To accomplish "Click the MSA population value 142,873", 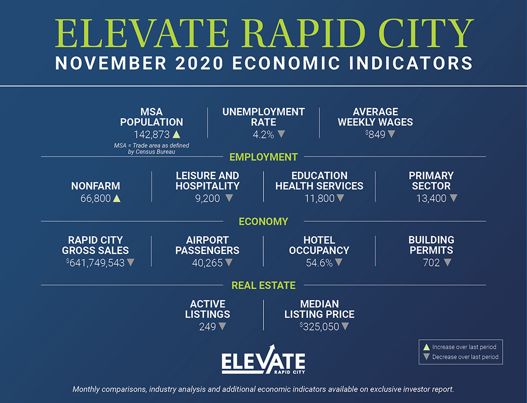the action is tap(152, 135).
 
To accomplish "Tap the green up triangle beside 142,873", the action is tap(177, 134).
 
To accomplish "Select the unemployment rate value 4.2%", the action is tap(263, 135).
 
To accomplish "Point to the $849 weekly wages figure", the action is tap(375, 135).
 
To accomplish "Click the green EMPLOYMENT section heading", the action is tap(263, 157).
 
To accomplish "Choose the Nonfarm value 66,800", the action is tap(95, 199).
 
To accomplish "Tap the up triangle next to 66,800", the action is tap(116, 198).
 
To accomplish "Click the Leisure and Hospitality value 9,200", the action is tap(207, 199).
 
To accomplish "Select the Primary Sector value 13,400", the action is tap(431, 199).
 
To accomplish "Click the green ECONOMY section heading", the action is tap(263, 221).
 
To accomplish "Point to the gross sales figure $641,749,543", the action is tap(95, 263).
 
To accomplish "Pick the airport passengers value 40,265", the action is tap(207, 263).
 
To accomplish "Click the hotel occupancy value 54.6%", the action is tap(319, 263).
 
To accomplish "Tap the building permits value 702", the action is tap(431, 263).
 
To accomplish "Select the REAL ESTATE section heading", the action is tap(263, 286).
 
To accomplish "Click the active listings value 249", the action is tap(207, 327).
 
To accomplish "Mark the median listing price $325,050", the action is tap(319, 327).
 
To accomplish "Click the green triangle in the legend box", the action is tap(426, 347).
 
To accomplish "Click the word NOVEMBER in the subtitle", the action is tap(111, 63).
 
